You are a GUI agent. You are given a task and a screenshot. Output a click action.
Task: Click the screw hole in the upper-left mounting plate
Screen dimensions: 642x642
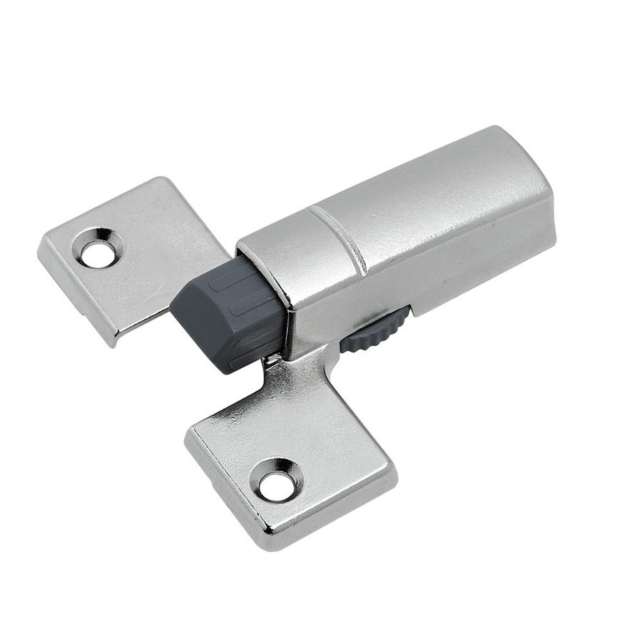tap(93, 252)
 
